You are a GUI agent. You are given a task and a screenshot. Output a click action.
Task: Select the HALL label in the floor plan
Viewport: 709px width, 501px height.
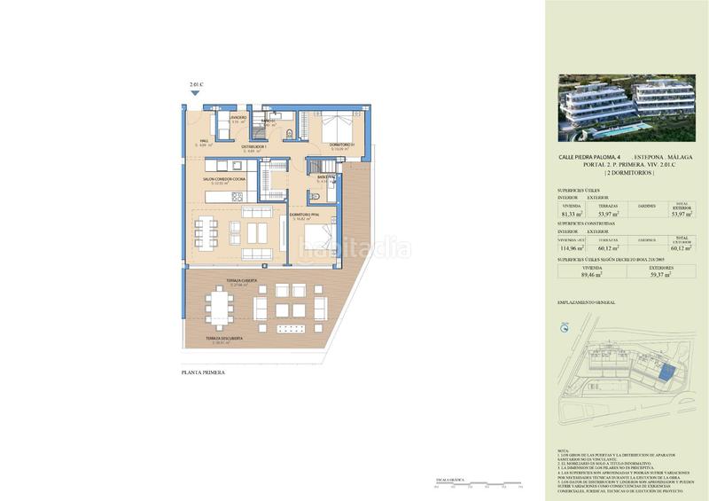pyautogui.click(x=202, y=140)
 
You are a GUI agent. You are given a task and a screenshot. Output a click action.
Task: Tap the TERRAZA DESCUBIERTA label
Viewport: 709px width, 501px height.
pyautogui.click(x=224, y=338)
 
